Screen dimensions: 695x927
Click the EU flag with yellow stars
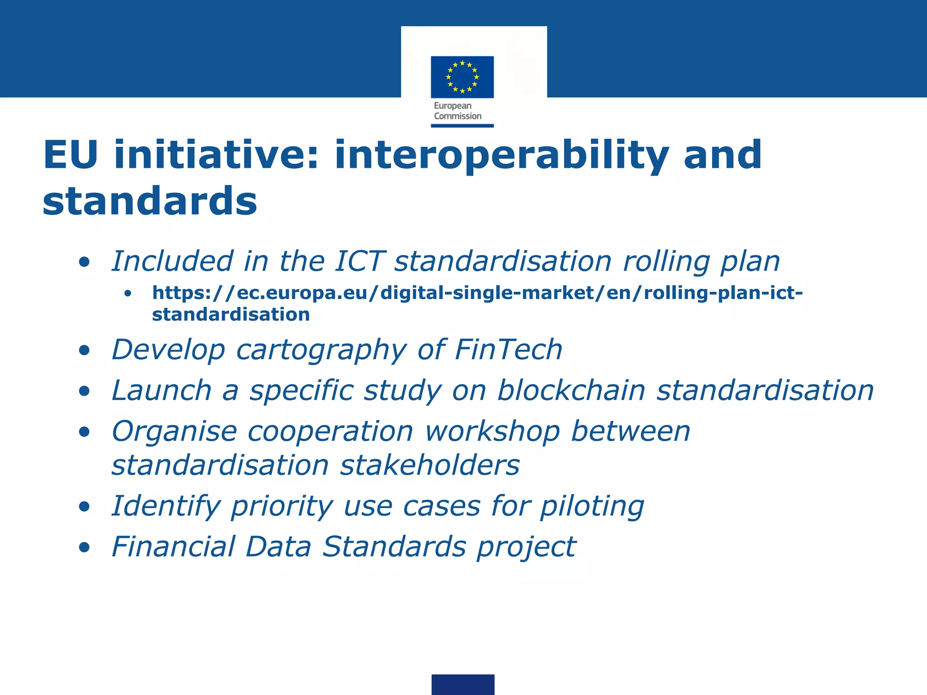coord(462,77)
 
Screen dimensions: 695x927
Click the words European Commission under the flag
coord(457,111)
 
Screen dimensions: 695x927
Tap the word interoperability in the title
coord(502,156)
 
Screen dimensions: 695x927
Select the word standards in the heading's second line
coord(150,201)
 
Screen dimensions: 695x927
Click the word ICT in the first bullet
coord(359,262)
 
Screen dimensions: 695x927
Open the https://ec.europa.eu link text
coord(477,293)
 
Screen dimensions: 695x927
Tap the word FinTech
coord(508,350)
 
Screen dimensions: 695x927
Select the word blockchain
coord(571,390)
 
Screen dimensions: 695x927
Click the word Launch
coord(162,390)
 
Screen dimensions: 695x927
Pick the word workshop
coord(492,432)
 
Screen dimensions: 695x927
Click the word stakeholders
coord(430,466)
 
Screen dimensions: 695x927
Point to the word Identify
coord(166,507)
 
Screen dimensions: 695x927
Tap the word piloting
coord(592,507)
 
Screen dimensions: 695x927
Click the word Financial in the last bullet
coord(173,547)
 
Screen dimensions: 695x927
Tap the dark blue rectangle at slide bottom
coord(463,684)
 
